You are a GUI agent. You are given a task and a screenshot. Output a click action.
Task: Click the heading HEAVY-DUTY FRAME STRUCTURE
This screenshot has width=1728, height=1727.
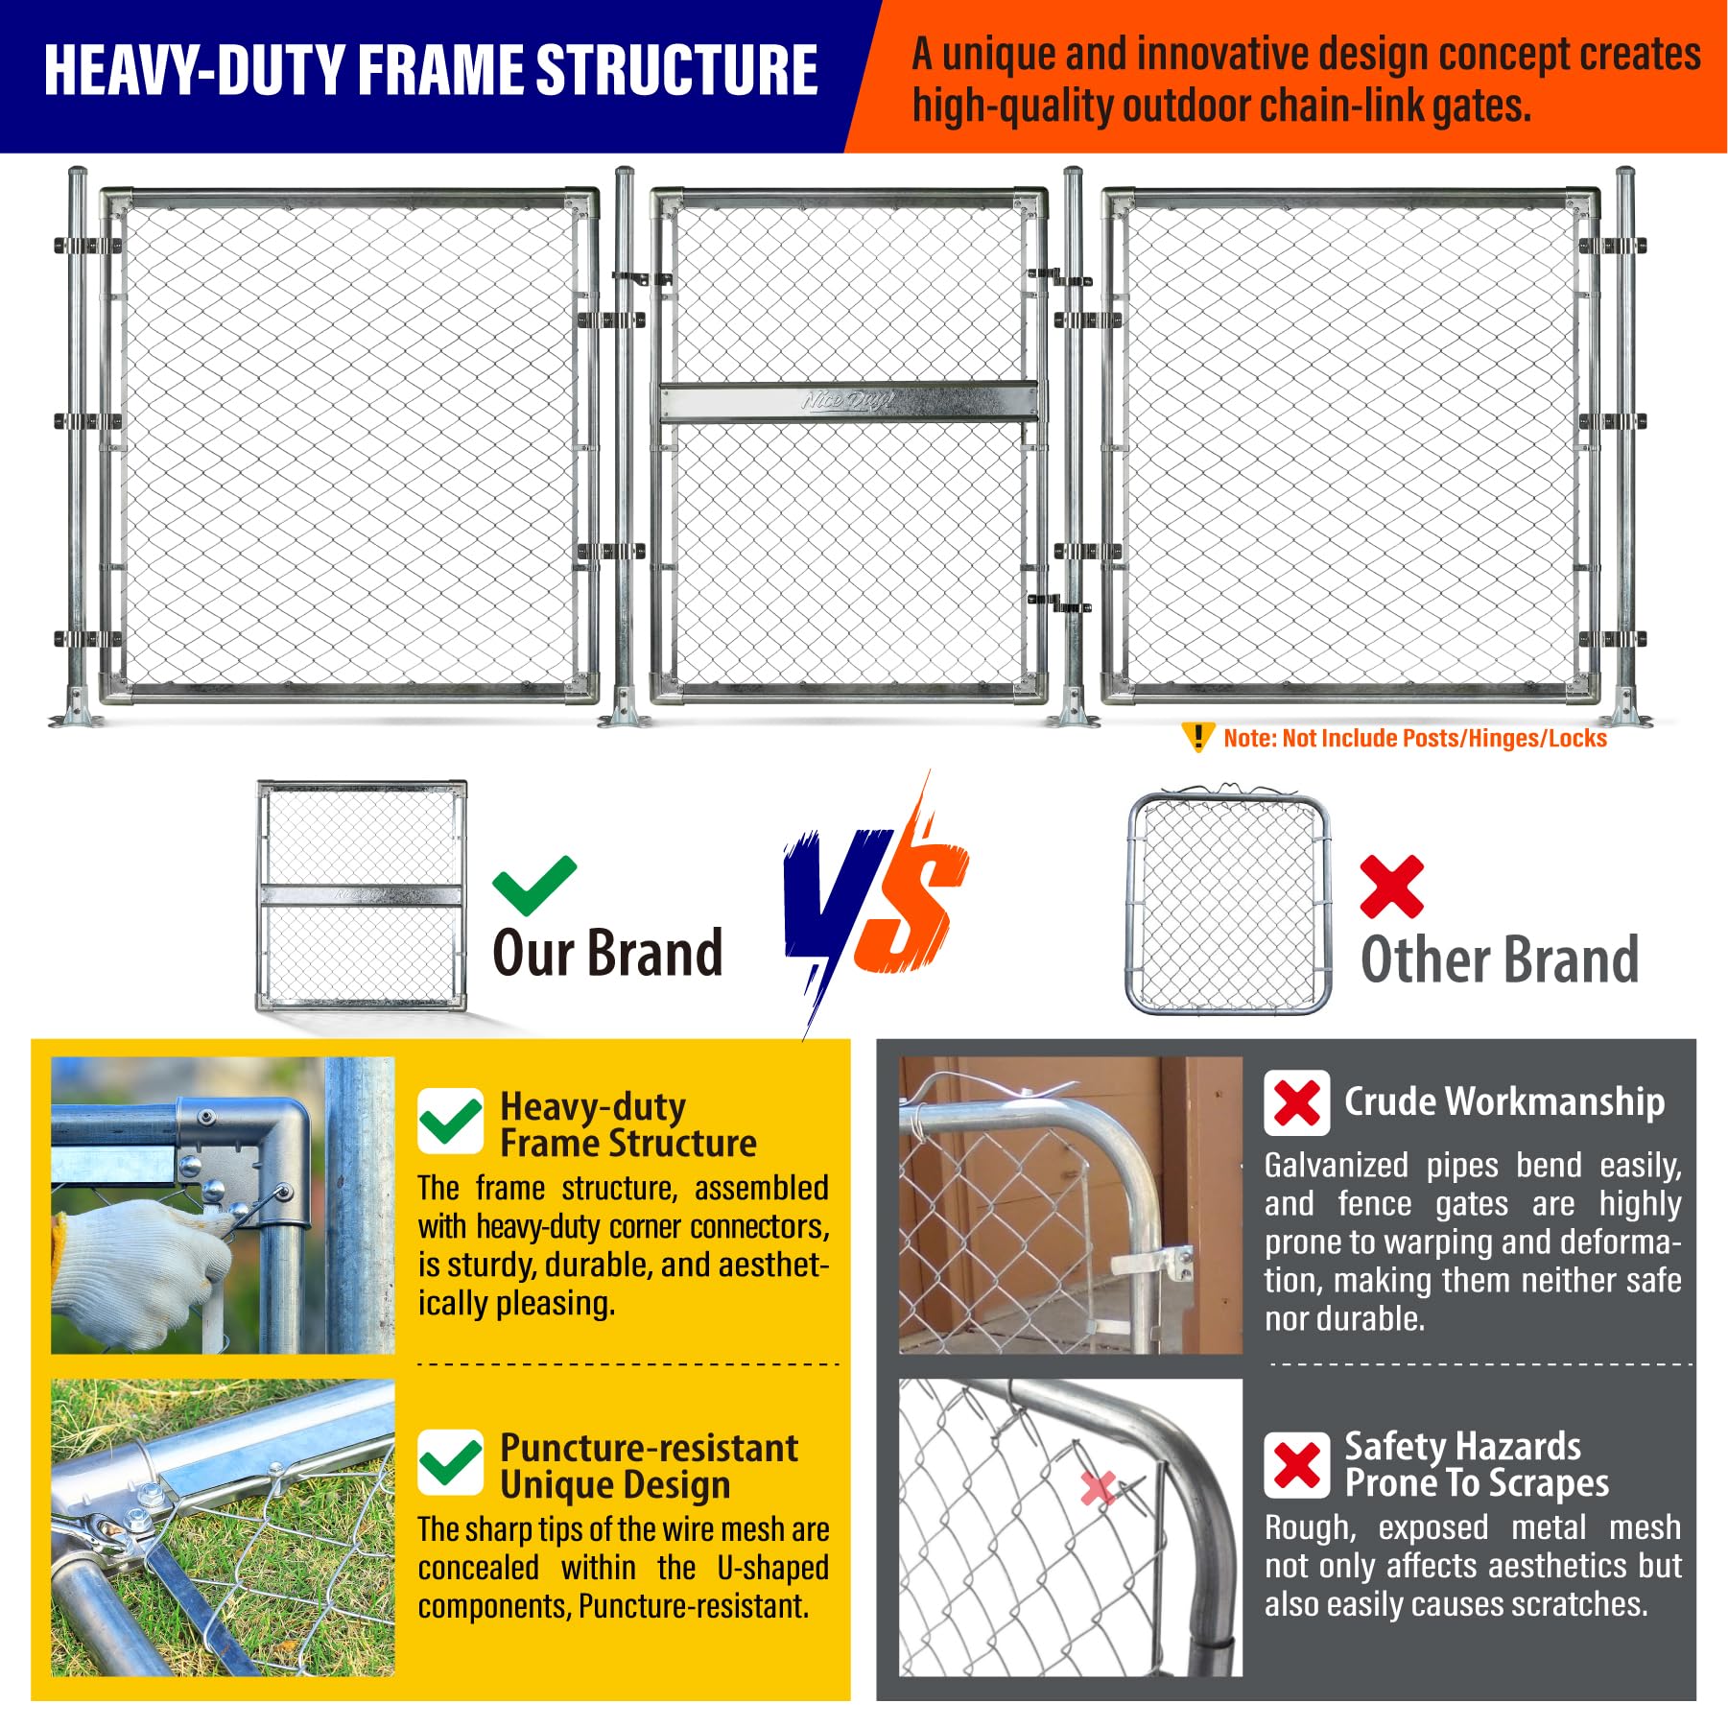(431, 70)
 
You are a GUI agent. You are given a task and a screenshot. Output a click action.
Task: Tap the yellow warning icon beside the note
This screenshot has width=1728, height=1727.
(1197, 737)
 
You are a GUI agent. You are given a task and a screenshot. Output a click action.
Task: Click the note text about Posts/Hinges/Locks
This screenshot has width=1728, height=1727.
(1415, 738)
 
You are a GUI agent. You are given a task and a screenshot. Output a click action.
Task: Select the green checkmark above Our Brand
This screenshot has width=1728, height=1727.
(534, 885)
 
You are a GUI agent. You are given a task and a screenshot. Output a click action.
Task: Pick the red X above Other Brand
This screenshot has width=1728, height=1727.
(1391, 887)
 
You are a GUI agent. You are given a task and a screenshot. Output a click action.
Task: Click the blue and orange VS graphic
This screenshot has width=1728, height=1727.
(875, 902)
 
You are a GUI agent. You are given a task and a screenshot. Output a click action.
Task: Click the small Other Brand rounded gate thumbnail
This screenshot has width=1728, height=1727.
(1228, 902)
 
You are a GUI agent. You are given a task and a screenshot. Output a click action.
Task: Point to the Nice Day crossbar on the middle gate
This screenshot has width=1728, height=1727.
(848, 401)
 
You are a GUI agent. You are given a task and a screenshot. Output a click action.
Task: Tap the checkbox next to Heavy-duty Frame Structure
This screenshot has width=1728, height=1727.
(451, 1121)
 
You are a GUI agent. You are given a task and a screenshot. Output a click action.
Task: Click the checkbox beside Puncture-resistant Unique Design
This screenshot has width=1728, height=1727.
(451, 1462)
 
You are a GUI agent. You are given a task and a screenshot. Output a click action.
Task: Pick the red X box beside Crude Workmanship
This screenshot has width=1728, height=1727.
(1297, 1103)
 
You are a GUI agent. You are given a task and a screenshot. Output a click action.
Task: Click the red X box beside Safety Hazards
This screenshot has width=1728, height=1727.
(1297, 1465)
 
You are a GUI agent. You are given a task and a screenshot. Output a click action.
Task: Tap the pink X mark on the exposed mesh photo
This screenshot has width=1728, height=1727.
(1097, 1487)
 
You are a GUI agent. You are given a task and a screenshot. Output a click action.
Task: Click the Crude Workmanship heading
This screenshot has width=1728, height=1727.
(1504, 1101)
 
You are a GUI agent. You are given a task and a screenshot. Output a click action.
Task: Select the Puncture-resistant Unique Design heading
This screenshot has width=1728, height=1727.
(649, 1466)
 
